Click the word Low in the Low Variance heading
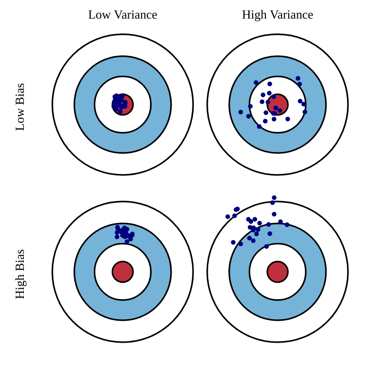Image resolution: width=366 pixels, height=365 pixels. coord(99,15)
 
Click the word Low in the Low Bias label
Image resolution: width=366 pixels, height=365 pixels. coord(20,121)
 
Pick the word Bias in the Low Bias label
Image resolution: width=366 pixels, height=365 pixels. coord(20,94)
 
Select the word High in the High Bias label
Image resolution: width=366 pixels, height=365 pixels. coord(20,287)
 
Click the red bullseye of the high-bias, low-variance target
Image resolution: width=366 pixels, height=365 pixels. coord(122,272)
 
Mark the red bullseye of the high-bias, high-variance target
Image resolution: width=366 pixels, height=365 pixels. coord(277,272)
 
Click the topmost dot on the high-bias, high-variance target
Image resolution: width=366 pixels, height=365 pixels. coord(274,198)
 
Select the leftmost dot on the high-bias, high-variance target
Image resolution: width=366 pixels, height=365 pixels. coord(228,217)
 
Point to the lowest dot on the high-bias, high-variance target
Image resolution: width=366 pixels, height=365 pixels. coord(266,246)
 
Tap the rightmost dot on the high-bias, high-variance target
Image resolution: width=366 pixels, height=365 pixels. coord(287,225)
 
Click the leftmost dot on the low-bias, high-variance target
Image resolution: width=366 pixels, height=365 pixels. coord(241,112)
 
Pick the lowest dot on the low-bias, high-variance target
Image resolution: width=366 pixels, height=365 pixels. coord(259,127)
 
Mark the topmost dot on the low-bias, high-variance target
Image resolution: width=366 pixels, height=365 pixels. coord(298,79)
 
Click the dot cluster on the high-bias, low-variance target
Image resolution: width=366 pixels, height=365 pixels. coord(124,233)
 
